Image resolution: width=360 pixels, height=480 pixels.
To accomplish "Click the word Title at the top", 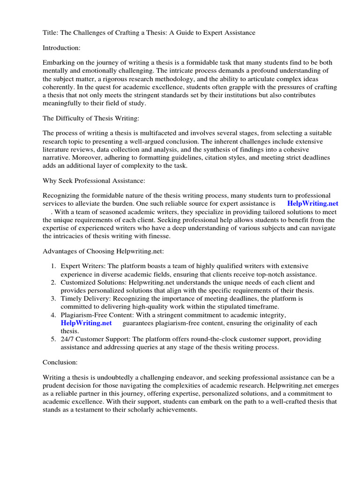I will tap(50, 32).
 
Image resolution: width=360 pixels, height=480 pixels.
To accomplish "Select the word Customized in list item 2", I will tap(78, 283).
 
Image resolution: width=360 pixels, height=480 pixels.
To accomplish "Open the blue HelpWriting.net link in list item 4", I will tap(86, 323).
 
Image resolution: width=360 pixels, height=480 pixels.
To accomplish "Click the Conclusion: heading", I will tap(60, 362).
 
